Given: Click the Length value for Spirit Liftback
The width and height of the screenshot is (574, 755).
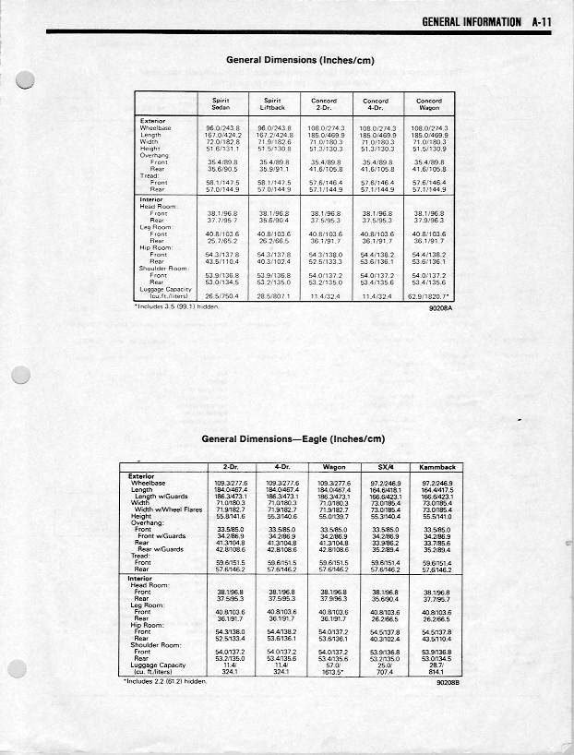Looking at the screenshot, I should (x=274, y=134).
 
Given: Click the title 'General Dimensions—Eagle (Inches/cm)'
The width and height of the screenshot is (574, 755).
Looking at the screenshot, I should (x=292, y=438).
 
